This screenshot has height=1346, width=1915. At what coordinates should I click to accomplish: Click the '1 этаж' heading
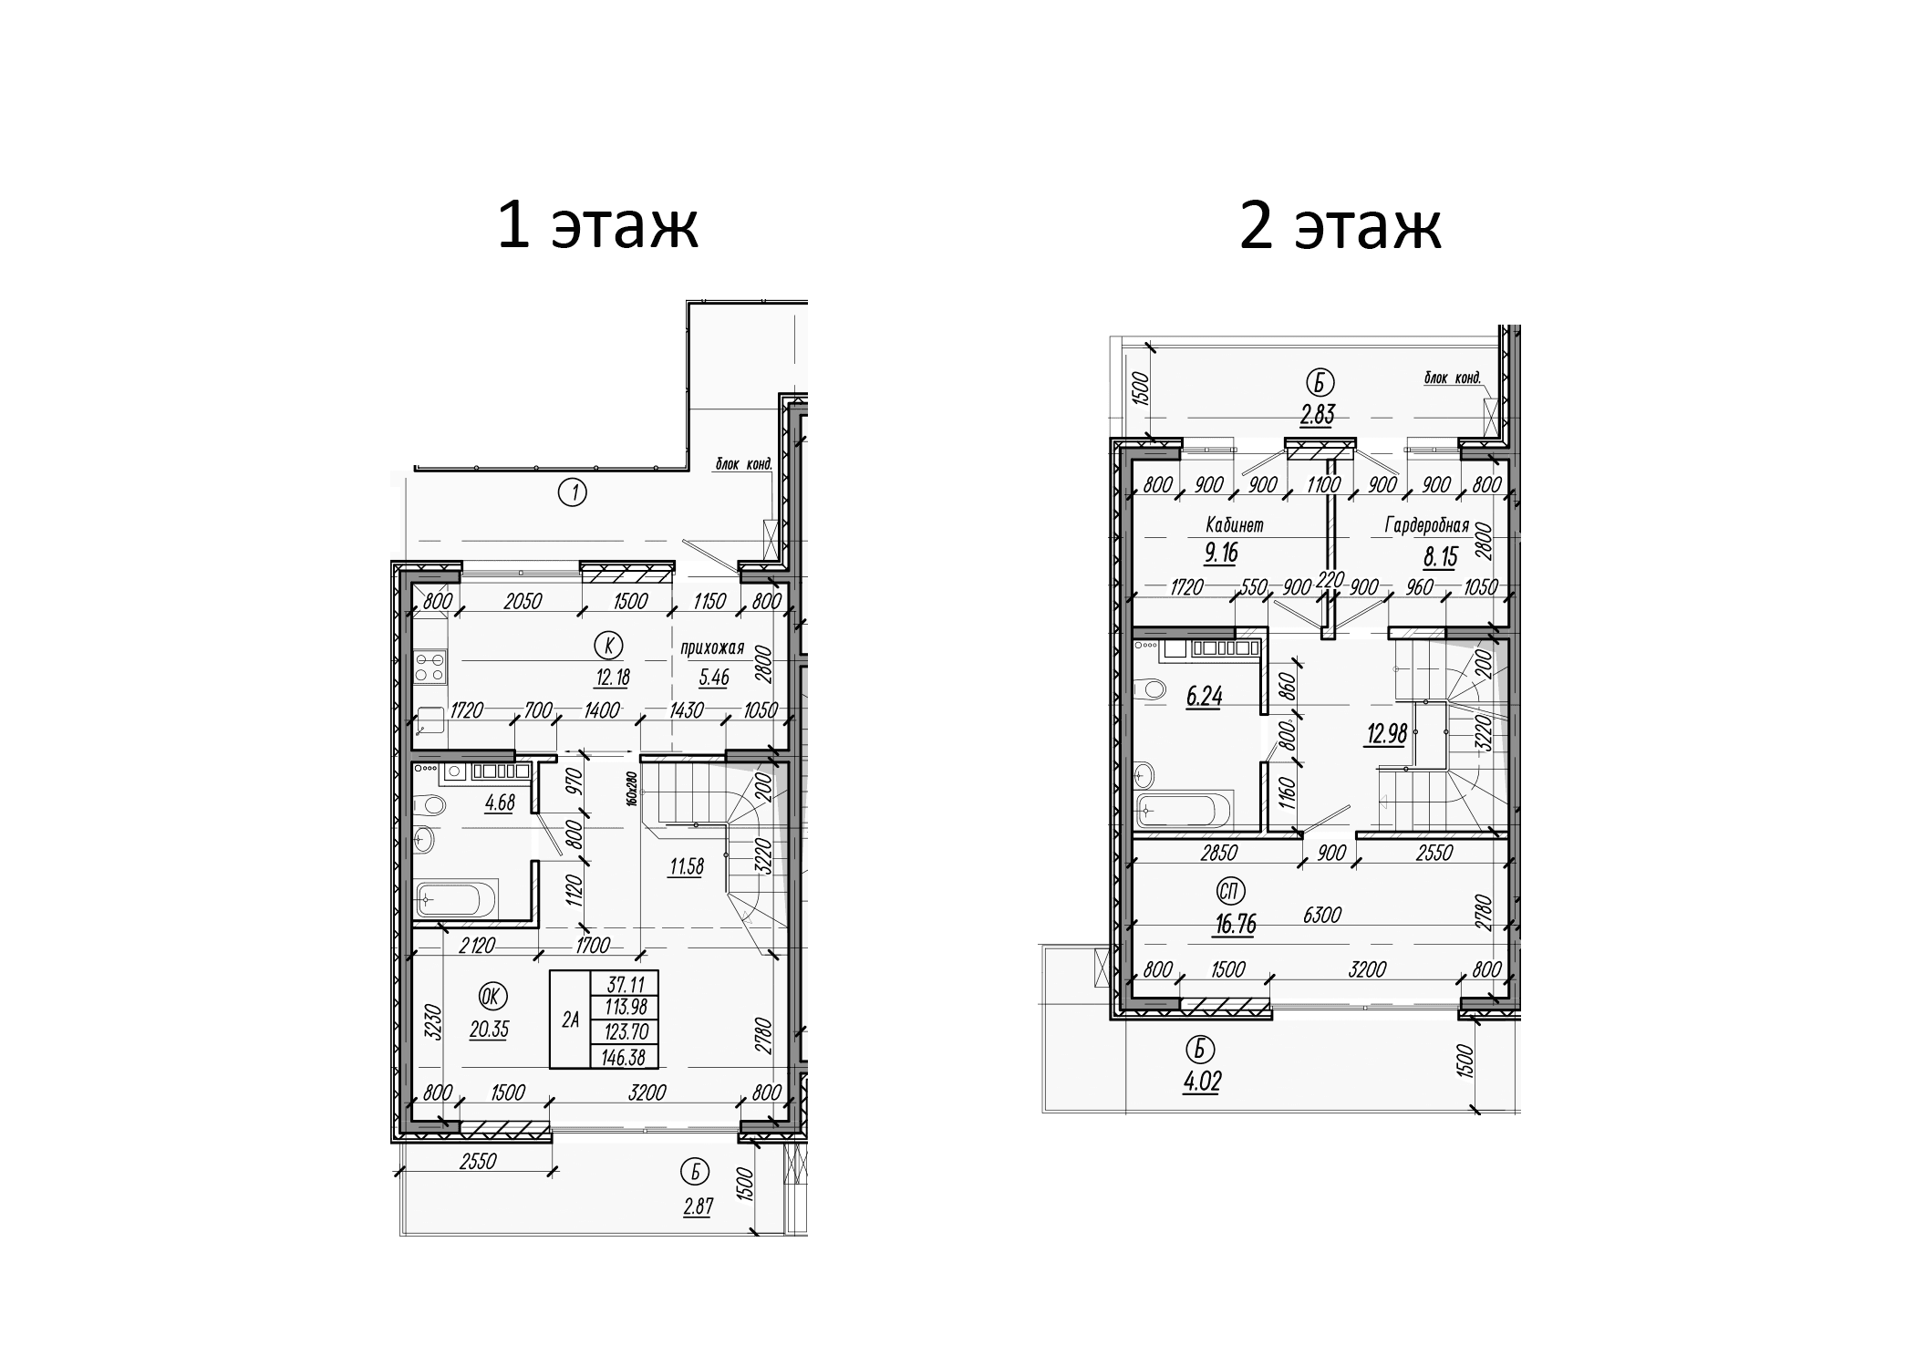click(x=597, y=225)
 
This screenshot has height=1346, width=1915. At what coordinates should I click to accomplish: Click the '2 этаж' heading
click(x=1340, y=225)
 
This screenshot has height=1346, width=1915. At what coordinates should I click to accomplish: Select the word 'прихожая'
click(x=712, y=648)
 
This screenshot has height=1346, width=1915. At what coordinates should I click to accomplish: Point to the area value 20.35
click(x=489, y=1030)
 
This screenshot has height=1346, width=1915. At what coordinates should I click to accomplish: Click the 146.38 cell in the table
click(x=625, y=1056)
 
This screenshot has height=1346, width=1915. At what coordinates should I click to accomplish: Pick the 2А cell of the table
click(x=570, y=1020)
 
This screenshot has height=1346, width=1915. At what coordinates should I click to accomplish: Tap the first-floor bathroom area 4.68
click(x=500, y=803)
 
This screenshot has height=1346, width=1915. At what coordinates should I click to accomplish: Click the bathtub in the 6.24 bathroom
click(x=1183, y=809)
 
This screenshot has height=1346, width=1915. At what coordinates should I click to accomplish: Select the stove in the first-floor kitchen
click(x=430, y=666)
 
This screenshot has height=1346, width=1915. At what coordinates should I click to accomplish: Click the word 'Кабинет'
click(x=1234, y=526)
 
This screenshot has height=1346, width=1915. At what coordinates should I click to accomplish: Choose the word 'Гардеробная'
click(x=1426, y=526)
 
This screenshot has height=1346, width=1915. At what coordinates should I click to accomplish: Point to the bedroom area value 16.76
click(x=1235, y=925)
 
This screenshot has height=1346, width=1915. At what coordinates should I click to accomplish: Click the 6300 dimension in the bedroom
click(x=1322, y=914)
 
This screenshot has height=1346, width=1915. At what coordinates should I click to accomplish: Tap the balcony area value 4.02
click(x=1201, y=1082)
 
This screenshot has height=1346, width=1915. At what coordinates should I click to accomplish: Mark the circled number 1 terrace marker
click(x=572, y=493)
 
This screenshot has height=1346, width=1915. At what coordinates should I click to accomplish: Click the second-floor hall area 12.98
click(x=1386, y=732)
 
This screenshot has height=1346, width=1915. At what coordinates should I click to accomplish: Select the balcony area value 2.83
click(x=1317, y=415)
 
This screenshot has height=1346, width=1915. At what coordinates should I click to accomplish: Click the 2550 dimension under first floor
click(x=478, y=1162)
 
